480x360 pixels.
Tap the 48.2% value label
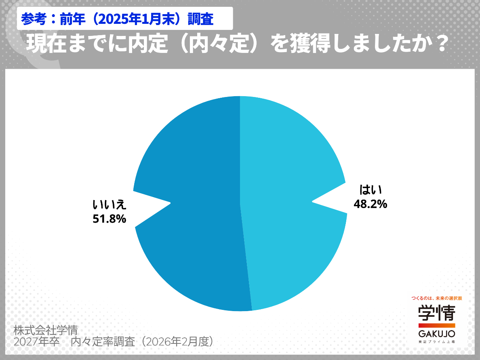click(x=371, y=204)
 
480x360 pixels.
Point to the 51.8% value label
click(x=109, y=219)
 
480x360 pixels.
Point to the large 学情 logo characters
click(x=436, y=313)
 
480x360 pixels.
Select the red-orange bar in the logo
click(x=436, y=325)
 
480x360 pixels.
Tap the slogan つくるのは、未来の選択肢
click(x=436, y=298)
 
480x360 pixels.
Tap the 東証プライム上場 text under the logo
click(x=436, y=342)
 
